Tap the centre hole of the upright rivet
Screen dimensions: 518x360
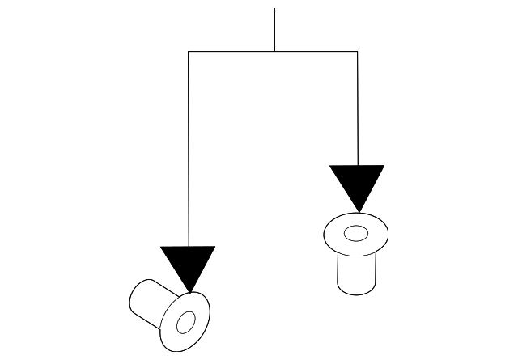355,234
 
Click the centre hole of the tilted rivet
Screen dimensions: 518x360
185,322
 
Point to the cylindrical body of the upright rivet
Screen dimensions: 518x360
355,273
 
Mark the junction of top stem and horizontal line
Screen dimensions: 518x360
274,52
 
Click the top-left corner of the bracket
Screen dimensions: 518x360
189,52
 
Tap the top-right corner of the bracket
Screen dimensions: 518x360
357,52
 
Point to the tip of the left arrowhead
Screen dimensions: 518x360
189,292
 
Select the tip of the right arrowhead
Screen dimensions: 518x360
357,212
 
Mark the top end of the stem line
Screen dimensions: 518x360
274,9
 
